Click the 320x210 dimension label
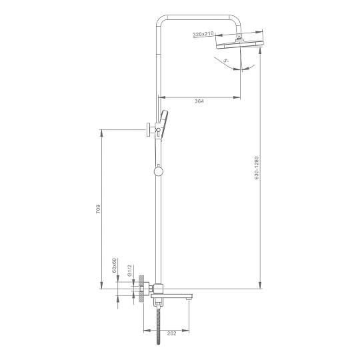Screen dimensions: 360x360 (203, 35)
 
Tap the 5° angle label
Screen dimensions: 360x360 (226, 61)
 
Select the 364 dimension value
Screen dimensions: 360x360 (199, 101)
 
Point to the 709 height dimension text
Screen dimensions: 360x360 (98, 209)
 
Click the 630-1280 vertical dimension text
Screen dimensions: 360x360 (257, 168)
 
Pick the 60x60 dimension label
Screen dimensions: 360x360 (114, 265)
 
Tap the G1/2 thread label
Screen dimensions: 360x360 (129, 270)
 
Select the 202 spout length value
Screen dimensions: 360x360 (172, 333)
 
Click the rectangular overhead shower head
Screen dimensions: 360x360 (239, 44)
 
